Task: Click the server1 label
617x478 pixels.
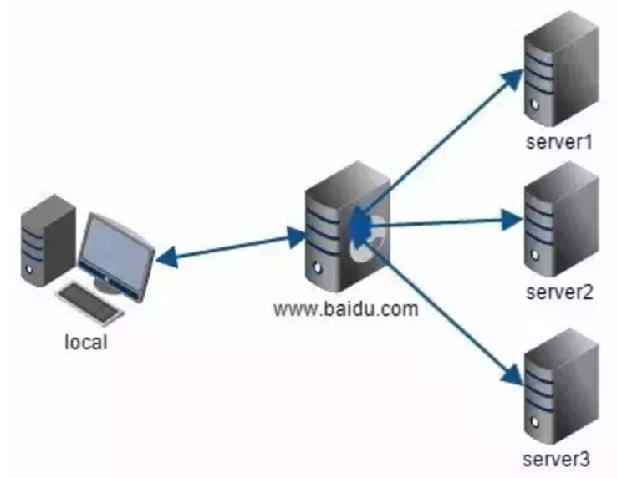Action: pyautogui.click(x=559, y=142)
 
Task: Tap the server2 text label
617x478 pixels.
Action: pyautogui.click(x=559, y=292)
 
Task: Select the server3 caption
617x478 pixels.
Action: pyautogui.click(x=557, y=459)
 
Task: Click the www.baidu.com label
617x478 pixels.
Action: pyautogui.click(x=346, y=309)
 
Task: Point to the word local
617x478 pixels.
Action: pyautogui.click(x=86, y=342)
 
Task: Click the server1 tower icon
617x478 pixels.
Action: pyautogui.click(x=562, y=69)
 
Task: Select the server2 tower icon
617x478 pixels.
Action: pyautogui.click(x=562, y=220)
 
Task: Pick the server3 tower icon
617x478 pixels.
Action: pyautogui.click(x=562, y=387)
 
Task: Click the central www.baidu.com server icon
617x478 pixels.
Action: pyautogui.click(x=348, y=227)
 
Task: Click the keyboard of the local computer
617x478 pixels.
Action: pyautogui.click(x=90, y=304)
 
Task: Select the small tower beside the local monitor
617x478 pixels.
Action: pyautogui.click(x=48, y=241)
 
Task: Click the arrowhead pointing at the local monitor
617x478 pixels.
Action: pyautogui.click(x=166, y=257)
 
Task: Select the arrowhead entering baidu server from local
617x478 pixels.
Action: pyautogui.click(x=296, y=236)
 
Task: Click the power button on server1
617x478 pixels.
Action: pyautogui.click(x=535, y=104)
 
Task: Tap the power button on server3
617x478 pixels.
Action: pyautogui.click(x=535, y=422)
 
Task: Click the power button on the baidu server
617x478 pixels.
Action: pyautogui.click(x=318, y=268)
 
